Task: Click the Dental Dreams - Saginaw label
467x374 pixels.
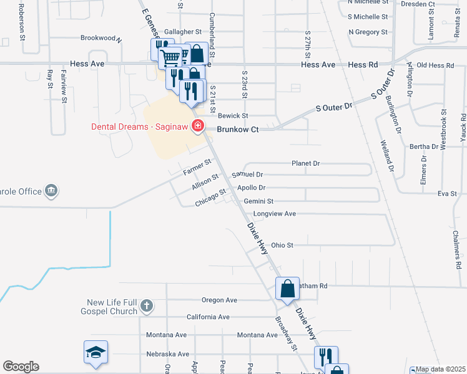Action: click(140, 127)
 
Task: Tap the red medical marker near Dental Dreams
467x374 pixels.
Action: click(198, 127)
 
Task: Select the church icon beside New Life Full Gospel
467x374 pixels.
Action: click(146, 305)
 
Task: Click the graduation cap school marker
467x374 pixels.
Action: click(96, 352)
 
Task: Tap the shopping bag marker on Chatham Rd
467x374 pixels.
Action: click(287, 289)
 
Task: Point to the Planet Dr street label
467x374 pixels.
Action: click(305, 163)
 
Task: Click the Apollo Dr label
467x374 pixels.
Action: click(252, 188)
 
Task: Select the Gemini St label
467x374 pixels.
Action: click(258, 201)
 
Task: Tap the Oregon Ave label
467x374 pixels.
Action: click(219, 300)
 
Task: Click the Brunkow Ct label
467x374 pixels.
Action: click(237, 129)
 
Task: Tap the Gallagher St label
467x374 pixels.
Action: click(182, 31)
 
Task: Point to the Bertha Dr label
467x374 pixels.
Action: click(425, 146)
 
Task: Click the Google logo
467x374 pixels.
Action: click(21, 367)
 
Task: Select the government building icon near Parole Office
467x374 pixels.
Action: click(51, 191)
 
